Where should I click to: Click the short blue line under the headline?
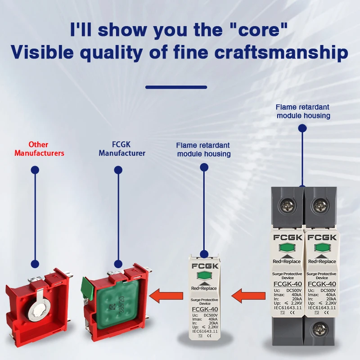tap(176, 87)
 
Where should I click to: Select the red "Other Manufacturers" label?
tap(39, 149)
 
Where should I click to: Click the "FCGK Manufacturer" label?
tap(122, 149)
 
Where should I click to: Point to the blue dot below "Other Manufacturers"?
tap(34, 170)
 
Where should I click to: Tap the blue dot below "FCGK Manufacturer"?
tap(118, 170)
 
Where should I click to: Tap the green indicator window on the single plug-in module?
tap(204, 276)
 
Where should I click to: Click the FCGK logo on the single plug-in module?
tap(205, 265)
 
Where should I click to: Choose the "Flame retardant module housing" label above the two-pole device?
tap(303, 111)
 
